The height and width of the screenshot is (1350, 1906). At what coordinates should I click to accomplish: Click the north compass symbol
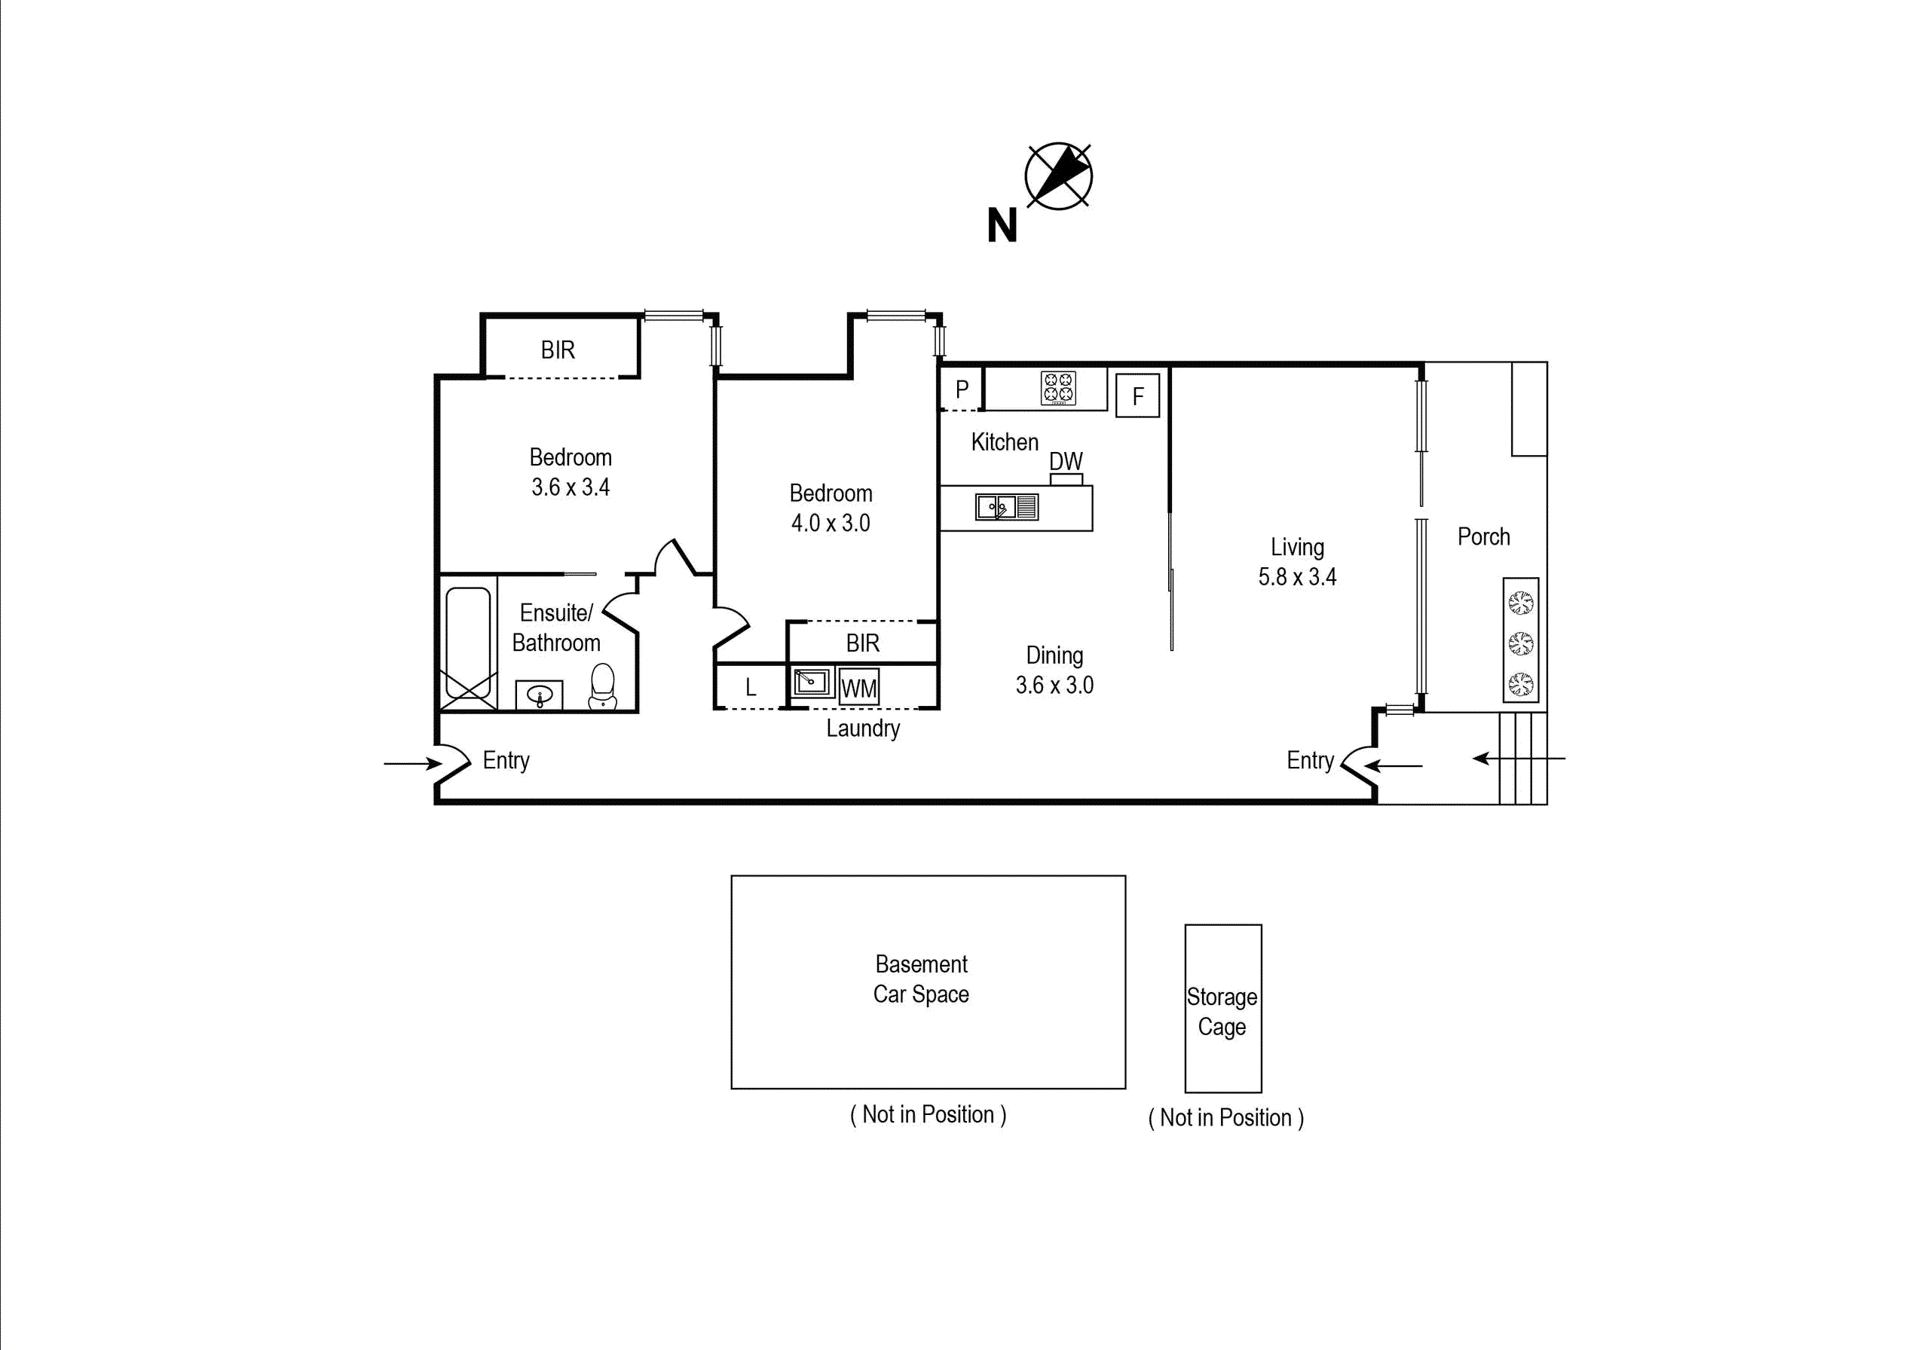(x=1058, y=176)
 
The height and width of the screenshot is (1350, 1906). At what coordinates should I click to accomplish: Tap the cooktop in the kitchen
(x=1058, y=388)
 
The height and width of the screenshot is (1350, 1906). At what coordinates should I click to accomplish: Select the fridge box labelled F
(x=1137, y=396)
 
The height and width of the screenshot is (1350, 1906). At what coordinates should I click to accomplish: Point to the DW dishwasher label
(x=1065, y=461)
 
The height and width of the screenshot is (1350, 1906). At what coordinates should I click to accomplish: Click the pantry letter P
(x=962, y=389)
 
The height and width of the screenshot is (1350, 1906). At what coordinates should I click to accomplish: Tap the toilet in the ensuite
(x=603, y=686)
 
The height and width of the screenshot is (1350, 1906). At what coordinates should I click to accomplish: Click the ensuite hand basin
(x=540, y=695)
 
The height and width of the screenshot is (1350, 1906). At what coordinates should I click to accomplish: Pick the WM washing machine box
(x=858, y=688)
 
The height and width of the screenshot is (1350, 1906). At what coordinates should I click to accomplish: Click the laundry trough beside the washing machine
(x=811, y=683)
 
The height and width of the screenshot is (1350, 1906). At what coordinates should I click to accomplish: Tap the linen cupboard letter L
(x=751, y=688)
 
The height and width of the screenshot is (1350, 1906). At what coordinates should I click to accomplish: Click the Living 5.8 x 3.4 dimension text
(x=1296, y=577)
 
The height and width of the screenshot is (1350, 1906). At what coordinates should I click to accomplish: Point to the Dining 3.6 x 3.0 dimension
(x=1054, y=685)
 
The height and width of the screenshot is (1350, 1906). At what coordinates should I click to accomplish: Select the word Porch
(x=1482, y=537)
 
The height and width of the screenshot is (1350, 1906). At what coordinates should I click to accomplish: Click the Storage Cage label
(x=1222, y=1012)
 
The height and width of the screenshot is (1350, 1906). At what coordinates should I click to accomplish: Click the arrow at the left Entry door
(x=412, y=763)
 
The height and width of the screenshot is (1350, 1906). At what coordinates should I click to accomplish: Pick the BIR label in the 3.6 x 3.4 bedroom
(x=557, y=350)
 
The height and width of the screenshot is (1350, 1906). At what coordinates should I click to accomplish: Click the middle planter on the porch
(x=1521, y=643)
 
